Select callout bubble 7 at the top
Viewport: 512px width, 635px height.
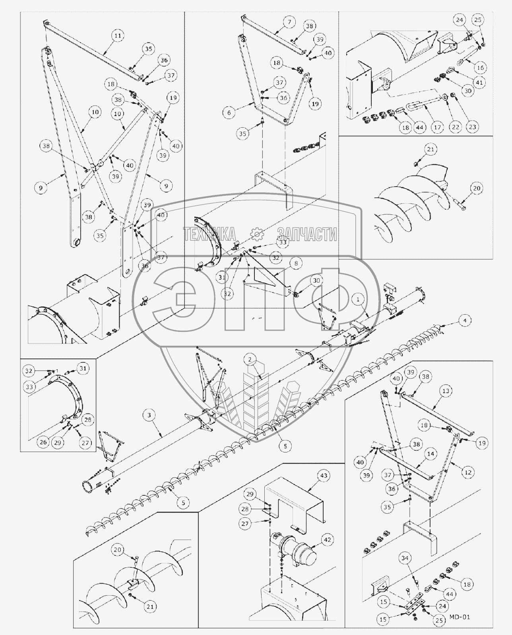(x=289, y=22)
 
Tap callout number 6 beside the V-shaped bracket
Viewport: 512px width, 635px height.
(x=229, y=113)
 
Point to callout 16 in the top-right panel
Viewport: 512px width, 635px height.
(x=480, y=68)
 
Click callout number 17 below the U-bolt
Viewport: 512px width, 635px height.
(x=437, y=128)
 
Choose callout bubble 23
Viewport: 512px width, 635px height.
(x=473, y=127)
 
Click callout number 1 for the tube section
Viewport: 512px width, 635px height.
(x=358, y=298)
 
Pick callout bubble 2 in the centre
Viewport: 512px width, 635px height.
(x=249, y=360)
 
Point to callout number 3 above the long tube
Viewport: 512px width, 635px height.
(x=149, y=415)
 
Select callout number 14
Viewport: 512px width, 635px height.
(x=431, y=454)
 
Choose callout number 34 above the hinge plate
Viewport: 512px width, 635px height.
(x=405, y=558)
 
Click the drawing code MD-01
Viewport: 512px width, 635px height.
(x=460, y=617)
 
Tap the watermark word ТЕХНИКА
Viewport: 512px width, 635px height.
(x=209, y=235)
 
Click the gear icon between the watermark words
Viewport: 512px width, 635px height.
(x=256, y=234)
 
